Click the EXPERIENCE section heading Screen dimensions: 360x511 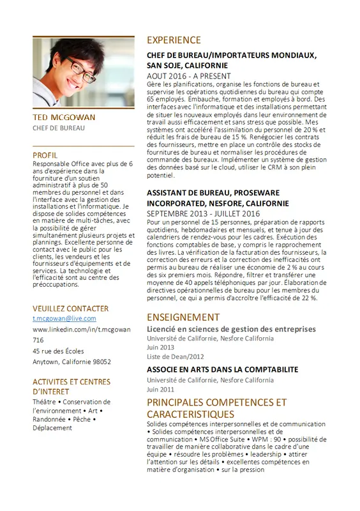(174, 40)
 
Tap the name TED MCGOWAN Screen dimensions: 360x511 (63, 118)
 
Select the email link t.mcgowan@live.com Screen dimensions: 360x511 (64, 318)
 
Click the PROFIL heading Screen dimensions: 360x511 (45, 155)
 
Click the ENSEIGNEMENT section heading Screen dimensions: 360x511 (183, 317)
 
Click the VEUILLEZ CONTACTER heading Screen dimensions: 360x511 (70, 308)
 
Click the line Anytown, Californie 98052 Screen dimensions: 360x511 (71, 362)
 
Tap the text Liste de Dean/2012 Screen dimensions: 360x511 (176, 356)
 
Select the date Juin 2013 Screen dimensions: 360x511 (161, 347)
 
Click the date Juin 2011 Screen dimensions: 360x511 (160, 388)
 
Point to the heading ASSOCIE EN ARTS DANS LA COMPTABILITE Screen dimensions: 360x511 (222, 369)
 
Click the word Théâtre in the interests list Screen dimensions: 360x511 (45, 402)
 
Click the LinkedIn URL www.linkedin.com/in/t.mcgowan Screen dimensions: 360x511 (81, 329)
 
